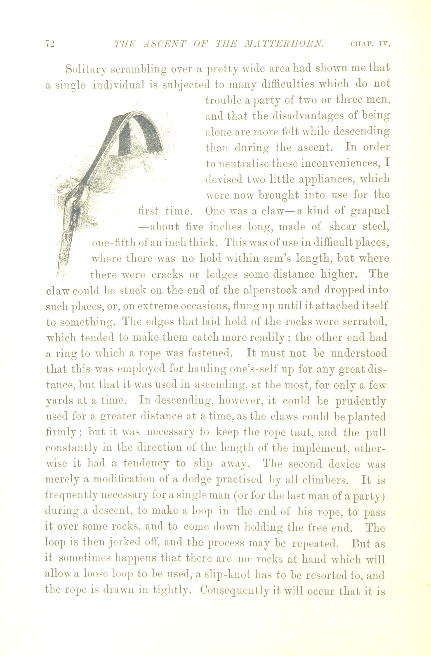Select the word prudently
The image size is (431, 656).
coord(361,402)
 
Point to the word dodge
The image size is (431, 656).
coord(198,480)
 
